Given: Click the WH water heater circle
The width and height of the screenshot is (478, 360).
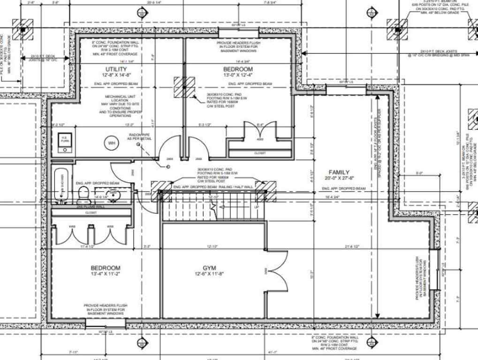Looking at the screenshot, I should (112, 142).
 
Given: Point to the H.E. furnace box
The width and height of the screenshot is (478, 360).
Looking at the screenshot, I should (64, 142).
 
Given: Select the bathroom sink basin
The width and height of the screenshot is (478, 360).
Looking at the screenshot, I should (112, 193).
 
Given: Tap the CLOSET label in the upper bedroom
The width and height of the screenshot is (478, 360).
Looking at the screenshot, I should (260, 153).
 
